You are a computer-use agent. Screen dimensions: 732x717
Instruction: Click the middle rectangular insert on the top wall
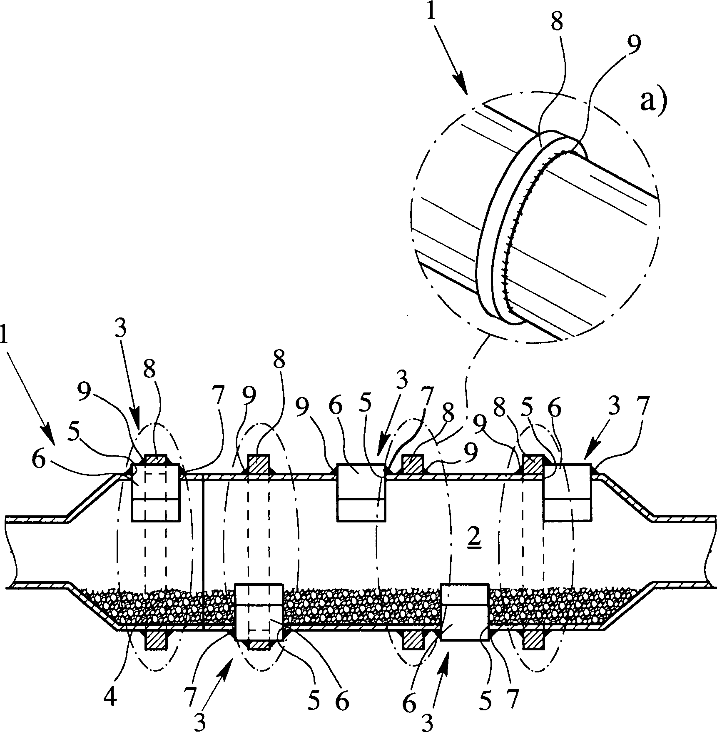tap(361, 492)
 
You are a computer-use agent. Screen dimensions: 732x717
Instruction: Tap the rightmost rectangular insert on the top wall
tap(568, 492)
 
